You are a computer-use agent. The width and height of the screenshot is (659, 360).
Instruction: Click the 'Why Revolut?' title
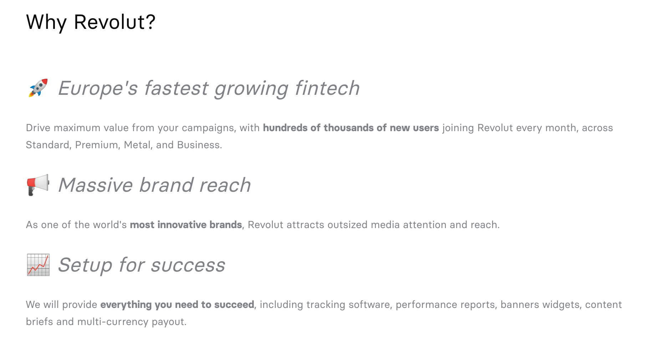pos(91,22)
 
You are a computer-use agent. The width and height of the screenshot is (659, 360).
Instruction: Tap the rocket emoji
pos(38,88)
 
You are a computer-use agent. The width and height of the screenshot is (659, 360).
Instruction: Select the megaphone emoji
pos(38,185)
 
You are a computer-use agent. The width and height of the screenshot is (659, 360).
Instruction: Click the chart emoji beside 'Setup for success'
pos(38,265)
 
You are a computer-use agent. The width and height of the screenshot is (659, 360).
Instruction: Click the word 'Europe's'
pos(98,88)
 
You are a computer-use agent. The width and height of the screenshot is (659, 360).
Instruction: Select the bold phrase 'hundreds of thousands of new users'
pos(351,128)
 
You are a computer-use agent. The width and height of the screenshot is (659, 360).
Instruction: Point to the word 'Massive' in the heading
pos(96,185)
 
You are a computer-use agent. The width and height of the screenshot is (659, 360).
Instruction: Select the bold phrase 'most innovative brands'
pos(186,225)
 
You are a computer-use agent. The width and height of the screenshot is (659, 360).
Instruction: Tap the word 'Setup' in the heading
pos(85,265)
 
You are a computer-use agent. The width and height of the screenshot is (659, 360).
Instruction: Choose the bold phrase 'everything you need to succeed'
pos(177,305)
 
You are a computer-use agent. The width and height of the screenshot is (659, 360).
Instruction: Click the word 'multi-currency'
pos(113,322)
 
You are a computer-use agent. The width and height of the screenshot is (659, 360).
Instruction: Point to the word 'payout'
pos(169,322)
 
